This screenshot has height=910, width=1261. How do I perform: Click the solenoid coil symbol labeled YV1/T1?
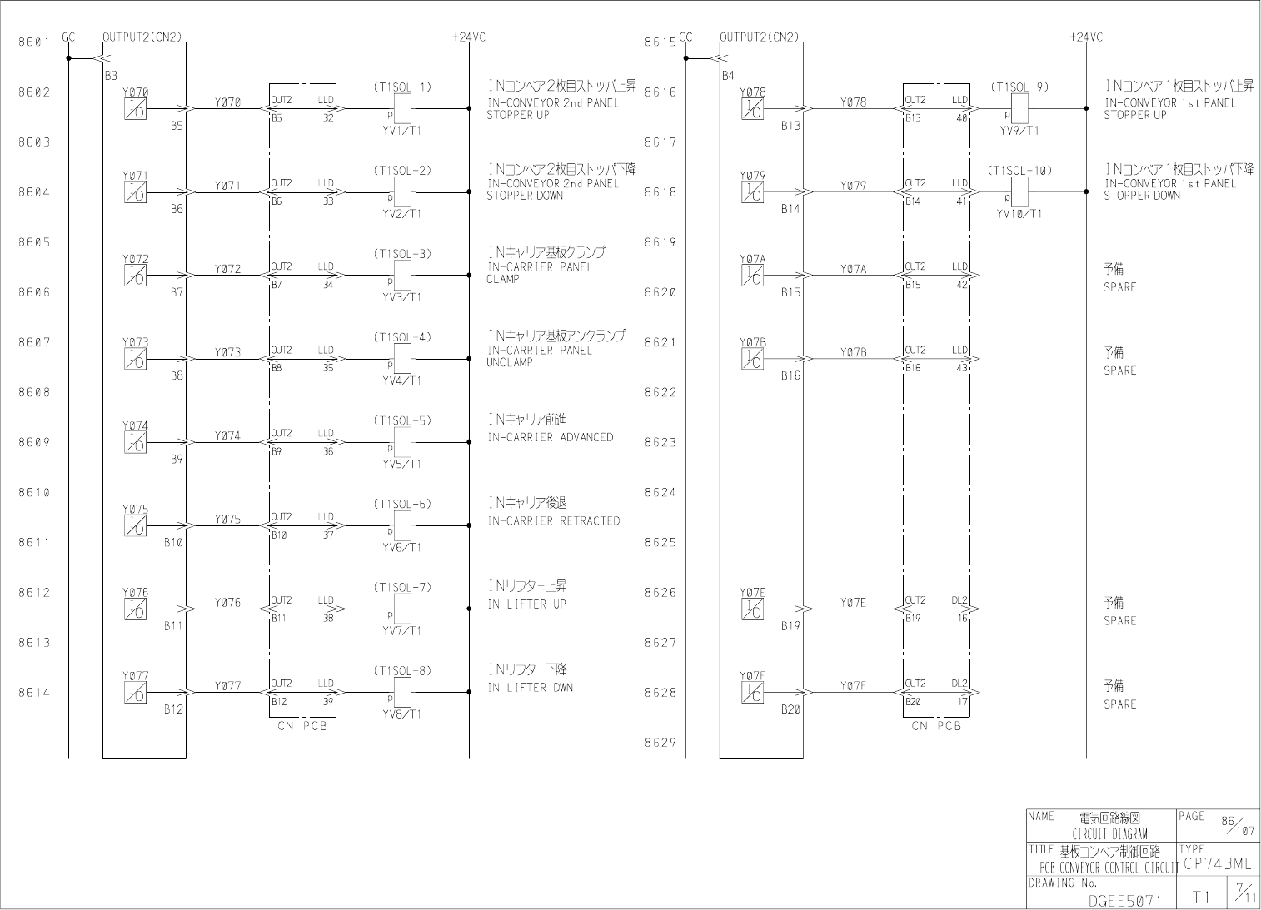[402, 108]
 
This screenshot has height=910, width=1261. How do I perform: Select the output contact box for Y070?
[135, 109]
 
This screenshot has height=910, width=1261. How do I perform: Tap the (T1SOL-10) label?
[1019, 170]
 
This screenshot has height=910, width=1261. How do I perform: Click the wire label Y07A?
[853, 269]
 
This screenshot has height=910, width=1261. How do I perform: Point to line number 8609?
[34, 442]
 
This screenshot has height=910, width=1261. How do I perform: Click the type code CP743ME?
[1217, 864]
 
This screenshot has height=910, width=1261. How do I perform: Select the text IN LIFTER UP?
[526, 604]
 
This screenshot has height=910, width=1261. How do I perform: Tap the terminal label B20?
[790, 709]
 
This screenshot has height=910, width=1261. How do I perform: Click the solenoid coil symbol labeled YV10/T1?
[1019, 191]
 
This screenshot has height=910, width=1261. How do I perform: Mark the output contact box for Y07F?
[752, 693]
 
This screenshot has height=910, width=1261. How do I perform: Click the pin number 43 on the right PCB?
[962, 368]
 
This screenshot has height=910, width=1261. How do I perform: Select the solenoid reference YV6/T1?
[401, 547]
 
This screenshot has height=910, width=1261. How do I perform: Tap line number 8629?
[660, 743]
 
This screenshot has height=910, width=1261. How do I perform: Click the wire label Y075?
[227, 519]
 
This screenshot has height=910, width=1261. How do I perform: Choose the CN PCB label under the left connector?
[302, 726]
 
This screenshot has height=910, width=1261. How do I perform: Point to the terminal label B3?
[111, 75]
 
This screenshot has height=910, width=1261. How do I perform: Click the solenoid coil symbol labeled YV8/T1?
[402, 692]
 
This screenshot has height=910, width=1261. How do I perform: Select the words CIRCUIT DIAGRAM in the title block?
[1109, 833]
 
